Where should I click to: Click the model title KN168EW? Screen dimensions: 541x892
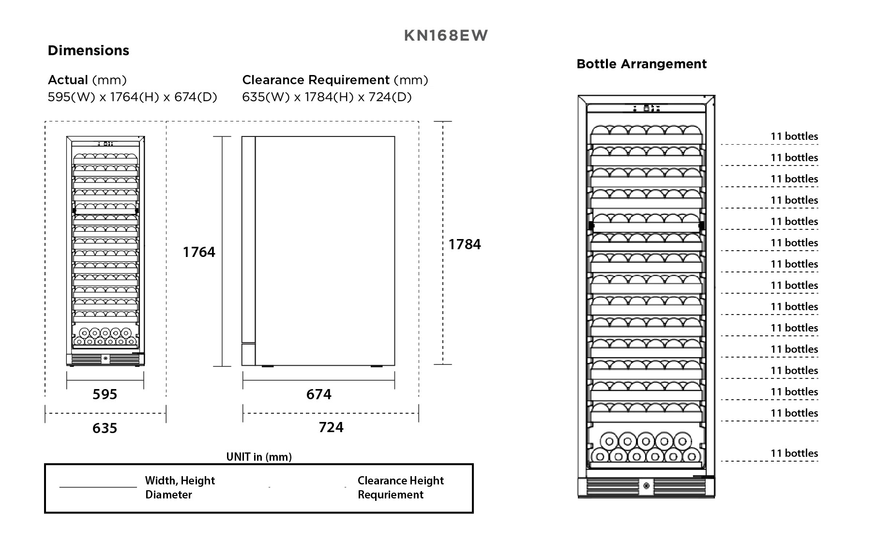pos(446,36)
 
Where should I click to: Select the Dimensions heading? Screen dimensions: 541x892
pos(89,51)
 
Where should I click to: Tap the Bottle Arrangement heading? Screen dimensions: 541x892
pos(641,64)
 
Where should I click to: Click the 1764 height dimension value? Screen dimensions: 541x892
pos(198,252)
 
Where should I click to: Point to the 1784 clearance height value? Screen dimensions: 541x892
pos(465,244)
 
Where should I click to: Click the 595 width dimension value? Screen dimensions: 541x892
pos(105,394)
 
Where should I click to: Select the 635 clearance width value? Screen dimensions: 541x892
pos(105,428)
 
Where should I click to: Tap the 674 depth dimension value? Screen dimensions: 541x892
pos(318,394)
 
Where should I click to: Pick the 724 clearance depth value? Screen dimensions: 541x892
pos(331,427)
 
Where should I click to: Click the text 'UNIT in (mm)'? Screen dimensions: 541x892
pos(259,457)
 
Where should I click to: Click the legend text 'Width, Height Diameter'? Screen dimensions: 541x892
pos(180,487)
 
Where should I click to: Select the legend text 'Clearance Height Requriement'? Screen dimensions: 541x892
pos(400,487)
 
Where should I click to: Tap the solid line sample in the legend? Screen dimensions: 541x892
pos(98,487)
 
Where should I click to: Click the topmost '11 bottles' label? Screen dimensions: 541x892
pos(794,136)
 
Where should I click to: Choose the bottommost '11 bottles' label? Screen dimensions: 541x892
pos(794,453)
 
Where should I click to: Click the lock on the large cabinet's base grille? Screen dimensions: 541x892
pos(646,486)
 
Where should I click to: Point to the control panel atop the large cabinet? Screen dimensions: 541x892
pos(646,108)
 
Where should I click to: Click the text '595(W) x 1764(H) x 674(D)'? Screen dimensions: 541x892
pos(132,97)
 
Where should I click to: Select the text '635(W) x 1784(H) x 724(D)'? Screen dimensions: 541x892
pos(327,97)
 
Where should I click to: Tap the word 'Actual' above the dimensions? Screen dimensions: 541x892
pos(68,80)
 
